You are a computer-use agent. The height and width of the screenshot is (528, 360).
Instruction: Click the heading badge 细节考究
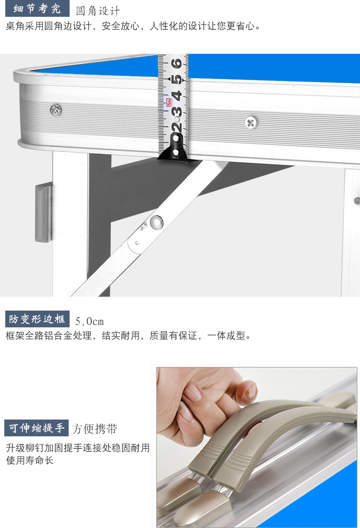coord(37,9)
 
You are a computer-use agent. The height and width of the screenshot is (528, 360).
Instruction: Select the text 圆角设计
coord(98,11)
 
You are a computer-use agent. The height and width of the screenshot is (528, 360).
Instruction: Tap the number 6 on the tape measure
coord(176,62)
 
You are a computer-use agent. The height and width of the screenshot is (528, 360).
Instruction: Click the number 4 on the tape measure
coord(177,96)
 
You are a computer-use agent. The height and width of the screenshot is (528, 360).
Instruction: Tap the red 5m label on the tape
coord(169,102)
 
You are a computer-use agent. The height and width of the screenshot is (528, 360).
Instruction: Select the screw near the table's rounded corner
coord(56,110)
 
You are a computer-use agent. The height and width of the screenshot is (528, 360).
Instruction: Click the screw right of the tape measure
coord(250,122)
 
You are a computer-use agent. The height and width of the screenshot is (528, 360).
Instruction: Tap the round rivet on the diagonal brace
coord(156,221)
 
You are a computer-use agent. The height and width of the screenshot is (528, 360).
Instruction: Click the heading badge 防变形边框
coord(37,319)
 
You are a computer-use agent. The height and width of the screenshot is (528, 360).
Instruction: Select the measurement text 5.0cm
coord(89,321)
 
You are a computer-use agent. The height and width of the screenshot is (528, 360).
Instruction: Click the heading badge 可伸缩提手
coord(36,428)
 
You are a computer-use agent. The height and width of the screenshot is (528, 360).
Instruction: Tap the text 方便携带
coord(95,429)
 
